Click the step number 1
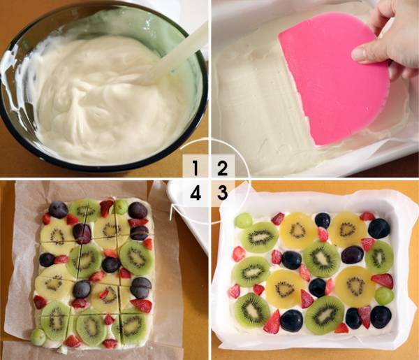[196, 168]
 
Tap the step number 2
[223, 168]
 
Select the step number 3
[223, 192]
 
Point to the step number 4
[196, 193]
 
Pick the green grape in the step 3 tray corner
[244, 221]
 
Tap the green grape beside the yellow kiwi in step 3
[384, 296]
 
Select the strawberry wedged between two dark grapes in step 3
[365, 317]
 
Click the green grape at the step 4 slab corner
[38, 337]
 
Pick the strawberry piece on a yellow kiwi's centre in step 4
[104, 294]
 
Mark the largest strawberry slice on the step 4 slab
[141, 305]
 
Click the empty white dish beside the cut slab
[187, 214]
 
